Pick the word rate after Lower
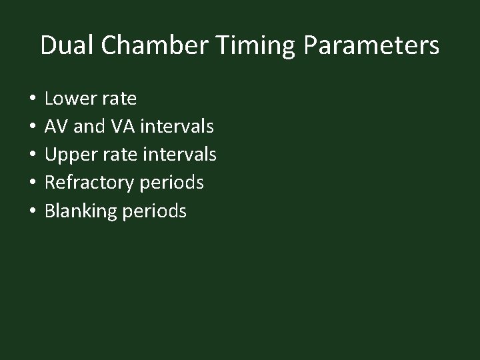119,99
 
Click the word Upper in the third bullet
70,155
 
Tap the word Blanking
80,212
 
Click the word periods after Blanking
154,212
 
